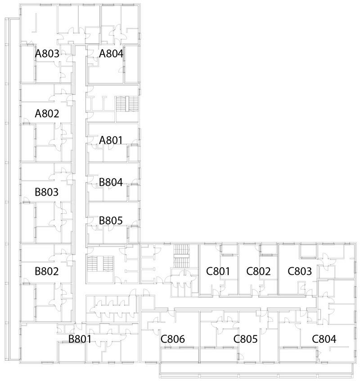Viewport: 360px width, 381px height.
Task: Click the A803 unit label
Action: coord(47,54)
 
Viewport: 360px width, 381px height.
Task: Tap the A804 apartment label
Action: coord(111,54)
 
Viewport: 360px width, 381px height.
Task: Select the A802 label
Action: coord(47,113)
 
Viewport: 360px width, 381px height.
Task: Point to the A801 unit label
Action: coord(111,140)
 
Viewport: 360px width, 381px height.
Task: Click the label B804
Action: coord(111,182)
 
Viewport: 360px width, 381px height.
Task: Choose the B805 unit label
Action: coord(111,220)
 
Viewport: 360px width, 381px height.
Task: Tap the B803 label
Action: coord(47,192)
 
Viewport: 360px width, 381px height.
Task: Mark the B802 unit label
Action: coord(47,271)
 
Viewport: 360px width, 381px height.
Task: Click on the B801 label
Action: coord(80,339)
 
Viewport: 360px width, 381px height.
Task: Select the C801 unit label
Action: coord(218,271)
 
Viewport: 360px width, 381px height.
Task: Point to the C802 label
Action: coord(258,271)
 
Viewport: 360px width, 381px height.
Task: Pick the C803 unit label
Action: coord(300,271)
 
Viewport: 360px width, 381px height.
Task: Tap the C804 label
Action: coord(324,339)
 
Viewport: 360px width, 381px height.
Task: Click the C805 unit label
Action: coord(246,339)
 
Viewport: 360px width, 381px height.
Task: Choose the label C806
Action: coord(173,339)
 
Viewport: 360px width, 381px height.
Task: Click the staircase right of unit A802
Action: coord(127,104)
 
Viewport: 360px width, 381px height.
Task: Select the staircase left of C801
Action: coord(181,256)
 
